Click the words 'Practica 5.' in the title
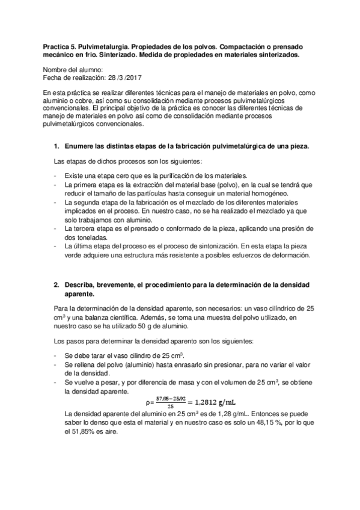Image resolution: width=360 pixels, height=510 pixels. [61, 46]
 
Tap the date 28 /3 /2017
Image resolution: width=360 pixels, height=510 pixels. [123, 78]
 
